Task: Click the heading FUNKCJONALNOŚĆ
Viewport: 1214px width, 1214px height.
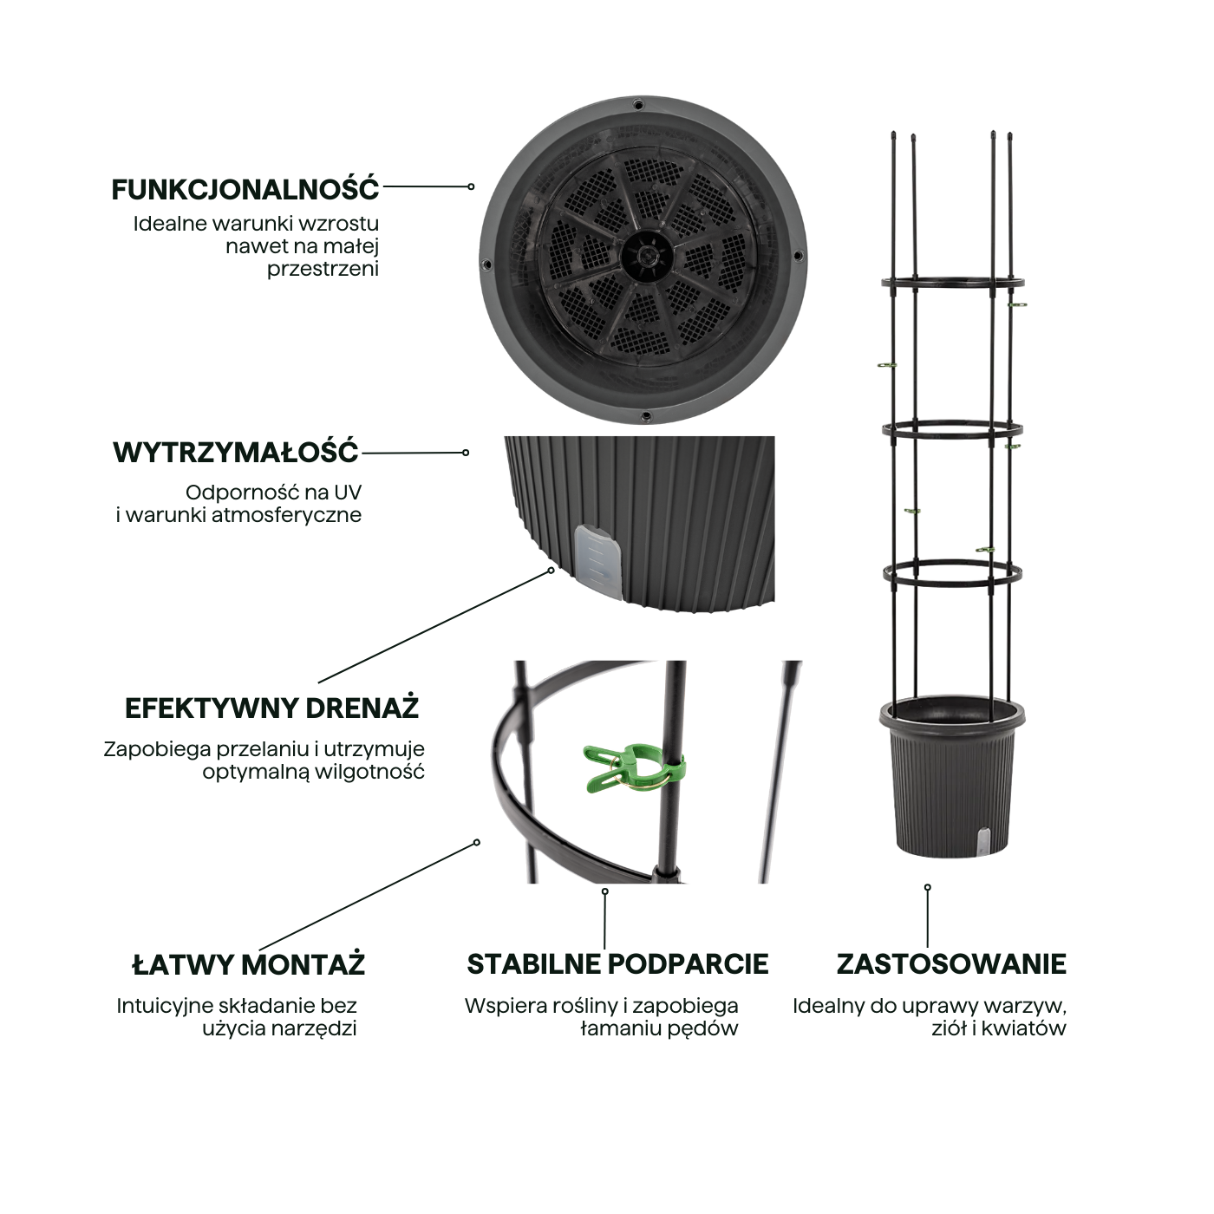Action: tap(245, 189)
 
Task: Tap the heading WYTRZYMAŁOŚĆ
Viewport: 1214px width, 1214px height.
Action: tap(235, 453)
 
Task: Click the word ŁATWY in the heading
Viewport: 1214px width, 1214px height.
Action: tap(183, 964)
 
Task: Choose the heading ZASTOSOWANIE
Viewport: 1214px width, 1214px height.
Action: tap(951, 964)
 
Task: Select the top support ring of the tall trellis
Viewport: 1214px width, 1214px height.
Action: tap(952, 283)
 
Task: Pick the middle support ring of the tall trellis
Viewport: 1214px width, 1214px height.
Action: tap(952, 429)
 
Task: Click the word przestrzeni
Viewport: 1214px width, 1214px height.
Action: tap(323, 269)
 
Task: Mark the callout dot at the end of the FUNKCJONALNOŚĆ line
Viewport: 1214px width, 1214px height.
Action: tap(471, 186)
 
